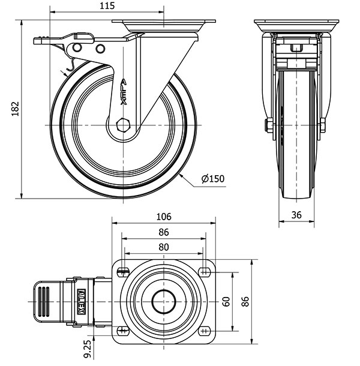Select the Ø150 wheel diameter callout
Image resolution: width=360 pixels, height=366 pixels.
pyautogui.click(x=213, y=178)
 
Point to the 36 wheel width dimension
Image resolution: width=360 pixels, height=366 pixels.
pyautogui.click(x=296, y=214)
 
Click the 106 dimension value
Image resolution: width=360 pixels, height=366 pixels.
pyautogui.click(x=163, y=216)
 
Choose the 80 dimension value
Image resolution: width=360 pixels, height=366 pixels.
pyautogui.click(x=163, y=247)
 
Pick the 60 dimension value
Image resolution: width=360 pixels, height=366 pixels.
pyautogui.click(x=226, y=301)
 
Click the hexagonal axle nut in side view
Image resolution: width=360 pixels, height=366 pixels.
pyautogui.click(x=124, y=125)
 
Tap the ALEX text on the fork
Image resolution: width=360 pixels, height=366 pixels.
pyautogui.click(x=124, y=91)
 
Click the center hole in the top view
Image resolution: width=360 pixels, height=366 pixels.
pyautogui.click(x=163, y=301)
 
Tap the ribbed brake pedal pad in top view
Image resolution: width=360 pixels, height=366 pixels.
pyautogui.click(x=44, y=300)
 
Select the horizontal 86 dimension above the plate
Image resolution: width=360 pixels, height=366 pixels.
pyautogui.click(x=163, y=232)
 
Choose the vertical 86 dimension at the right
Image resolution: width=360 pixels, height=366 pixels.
pyautogui.click(x=245, y=301)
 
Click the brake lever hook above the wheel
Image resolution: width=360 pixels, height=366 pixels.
pyautogui.click(x=70, y=65)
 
